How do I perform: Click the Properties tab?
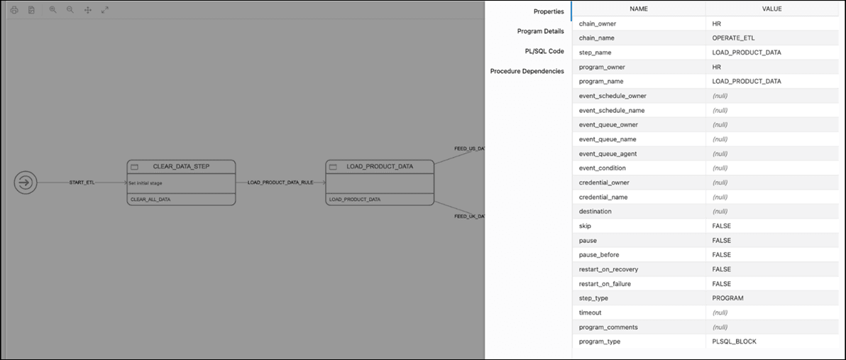click(548, 11)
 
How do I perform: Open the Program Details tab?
click(540, 31)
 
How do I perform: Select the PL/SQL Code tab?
click(544, 51)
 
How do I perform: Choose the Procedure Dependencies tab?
click(527, 71)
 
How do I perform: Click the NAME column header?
click(639, 9)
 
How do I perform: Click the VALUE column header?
click(772, 9)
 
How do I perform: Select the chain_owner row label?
click(597, 23)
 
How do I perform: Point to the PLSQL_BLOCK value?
click(734, 342)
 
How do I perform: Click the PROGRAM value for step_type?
click(727, 298)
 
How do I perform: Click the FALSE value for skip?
click(721, 226)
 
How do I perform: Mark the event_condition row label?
click(602, 168)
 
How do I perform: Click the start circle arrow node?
click(25, 182)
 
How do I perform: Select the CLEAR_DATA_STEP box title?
click(181, 166)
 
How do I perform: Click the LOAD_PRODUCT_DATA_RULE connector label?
click(280, 182)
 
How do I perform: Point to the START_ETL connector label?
click(82, 182)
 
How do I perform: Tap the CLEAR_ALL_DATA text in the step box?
click(150, 200)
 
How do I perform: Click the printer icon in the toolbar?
click(13, 10)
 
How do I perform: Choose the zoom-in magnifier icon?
click(53, 10)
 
